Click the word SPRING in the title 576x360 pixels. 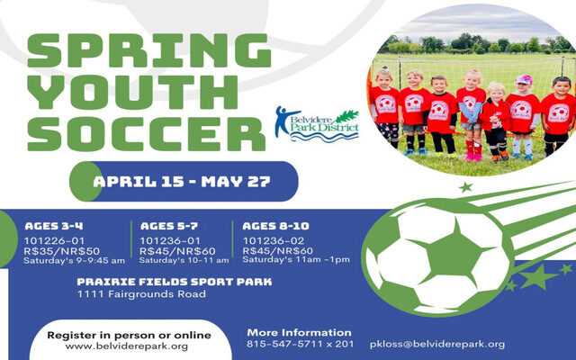point(149,50)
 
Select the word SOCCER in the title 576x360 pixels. point(146,134)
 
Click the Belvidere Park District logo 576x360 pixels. point(317,125)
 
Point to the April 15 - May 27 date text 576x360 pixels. point(182,182)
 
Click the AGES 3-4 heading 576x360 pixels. point(54,226)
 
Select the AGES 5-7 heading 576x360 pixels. point(169,226)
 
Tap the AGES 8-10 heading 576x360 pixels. point(275,226)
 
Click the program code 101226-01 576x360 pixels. point(54,241)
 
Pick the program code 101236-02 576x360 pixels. point(274,241)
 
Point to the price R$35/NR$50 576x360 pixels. point(61,251)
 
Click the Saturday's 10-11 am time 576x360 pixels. point(184,260)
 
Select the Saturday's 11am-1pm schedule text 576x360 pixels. point(296,260)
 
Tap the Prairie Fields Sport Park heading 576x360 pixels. point(175,282)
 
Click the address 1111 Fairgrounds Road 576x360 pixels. point(141,294)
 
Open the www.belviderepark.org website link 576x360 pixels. point(127,346)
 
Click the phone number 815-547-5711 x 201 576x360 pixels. point(300,344)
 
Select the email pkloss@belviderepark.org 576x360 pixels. point(437,345)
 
